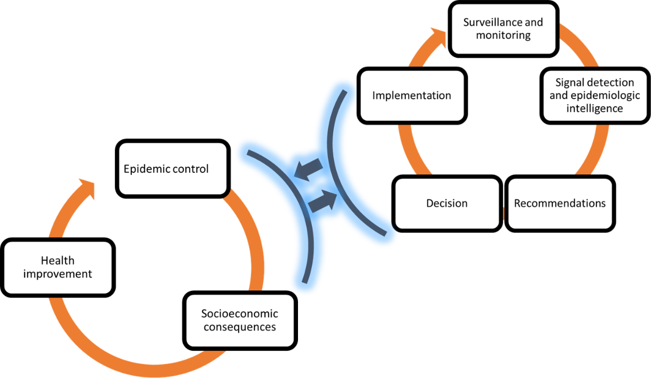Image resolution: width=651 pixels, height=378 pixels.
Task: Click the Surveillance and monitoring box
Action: (x=503, y=29)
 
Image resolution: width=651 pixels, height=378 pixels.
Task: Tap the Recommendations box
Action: (x=560, y=204)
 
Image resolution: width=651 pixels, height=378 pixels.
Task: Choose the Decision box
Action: (x=446, y=204)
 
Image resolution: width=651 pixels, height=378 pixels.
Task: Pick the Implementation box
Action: (x=411, y=96)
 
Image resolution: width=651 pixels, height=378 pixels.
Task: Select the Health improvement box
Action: (x=58, y=267)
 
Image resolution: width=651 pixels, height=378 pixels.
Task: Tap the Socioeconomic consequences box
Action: (x=239, y=320)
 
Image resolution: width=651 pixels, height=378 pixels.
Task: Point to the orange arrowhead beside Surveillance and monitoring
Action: (x=440, y=35)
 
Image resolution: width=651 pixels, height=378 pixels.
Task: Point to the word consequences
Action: (x=239, y=327)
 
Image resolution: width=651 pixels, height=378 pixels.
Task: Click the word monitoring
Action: (x=503, y=35)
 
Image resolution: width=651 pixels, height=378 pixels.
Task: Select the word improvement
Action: (x=58, y=274)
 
